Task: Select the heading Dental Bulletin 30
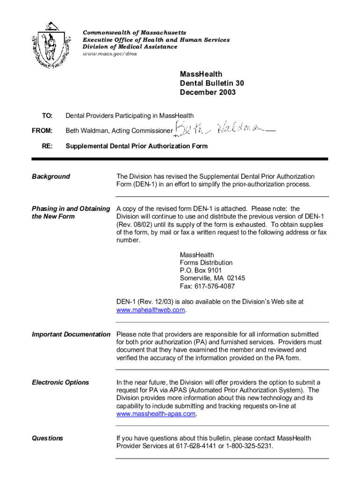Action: pyautogui.click(x=212, y=83)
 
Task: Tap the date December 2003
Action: pyautogui.click(x=208, y=92)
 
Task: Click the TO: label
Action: pyautogui.click(x=47, y=116)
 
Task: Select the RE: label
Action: pyautogui.click(x=47, y=146)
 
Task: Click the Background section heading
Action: pyautogui.click(x=50, y=176)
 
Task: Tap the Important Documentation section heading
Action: pyautogui.click(x=71, y=334)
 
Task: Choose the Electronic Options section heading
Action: pyautogui.click(x=60, y=382)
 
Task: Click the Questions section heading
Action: pyautogui.click(x=47, y=438)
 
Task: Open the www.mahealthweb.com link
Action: pyautogui.click(x=151, y=310)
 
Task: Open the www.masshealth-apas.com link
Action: pyautogui.click(x=156, y=414)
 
